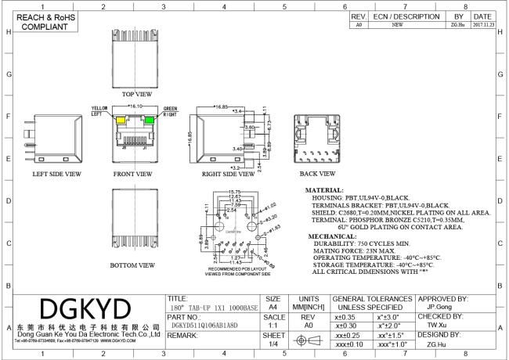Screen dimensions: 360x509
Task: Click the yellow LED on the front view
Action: coord(120,121)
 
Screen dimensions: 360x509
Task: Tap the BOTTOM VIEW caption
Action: coord(132,265)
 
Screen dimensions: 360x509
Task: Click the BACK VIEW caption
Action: coord(317,174)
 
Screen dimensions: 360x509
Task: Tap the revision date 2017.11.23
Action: coord(482,24)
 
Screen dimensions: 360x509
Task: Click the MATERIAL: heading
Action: coord(324,189)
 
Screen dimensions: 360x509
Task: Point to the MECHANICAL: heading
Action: coord(329,235)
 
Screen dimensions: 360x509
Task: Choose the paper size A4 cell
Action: coord(273,308)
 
